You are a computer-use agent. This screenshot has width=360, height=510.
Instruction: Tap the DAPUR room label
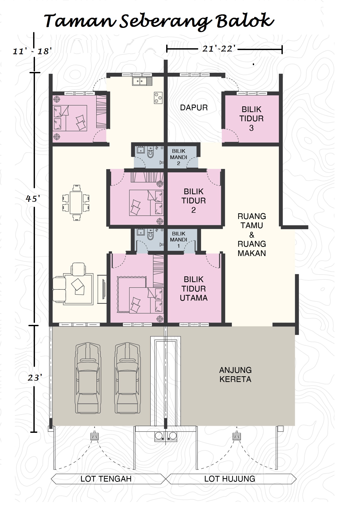(194, 107)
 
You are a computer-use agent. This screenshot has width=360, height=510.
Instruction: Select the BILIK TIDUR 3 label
(251, 119)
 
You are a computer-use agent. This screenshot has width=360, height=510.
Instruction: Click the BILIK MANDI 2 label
(178, 157)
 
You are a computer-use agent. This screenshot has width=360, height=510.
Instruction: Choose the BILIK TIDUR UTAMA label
(194, 289)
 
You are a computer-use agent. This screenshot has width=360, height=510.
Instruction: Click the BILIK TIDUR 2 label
(194, 201)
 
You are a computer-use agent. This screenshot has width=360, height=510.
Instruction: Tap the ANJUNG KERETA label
(235, 374)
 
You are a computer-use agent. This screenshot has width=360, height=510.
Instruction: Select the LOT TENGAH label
(106, 479)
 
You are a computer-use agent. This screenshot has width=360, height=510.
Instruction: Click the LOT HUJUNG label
(230, 479)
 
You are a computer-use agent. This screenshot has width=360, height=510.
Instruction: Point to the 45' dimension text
(33, 199)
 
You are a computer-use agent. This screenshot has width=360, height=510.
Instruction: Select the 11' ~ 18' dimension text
(31, 51)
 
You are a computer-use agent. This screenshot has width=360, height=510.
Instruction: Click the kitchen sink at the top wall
(142, 81)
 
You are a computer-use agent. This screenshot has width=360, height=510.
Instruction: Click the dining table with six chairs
(76, 203)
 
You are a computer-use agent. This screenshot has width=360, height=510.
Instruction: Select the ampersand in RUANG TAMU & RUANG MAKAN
(251, 235)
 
